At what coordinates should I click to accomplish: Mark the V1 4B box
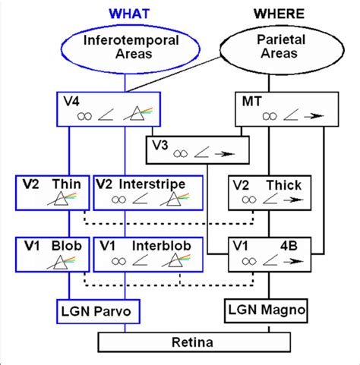pos(270,256)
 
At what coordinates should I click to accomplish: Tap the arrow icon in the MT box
pos(303,115)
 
